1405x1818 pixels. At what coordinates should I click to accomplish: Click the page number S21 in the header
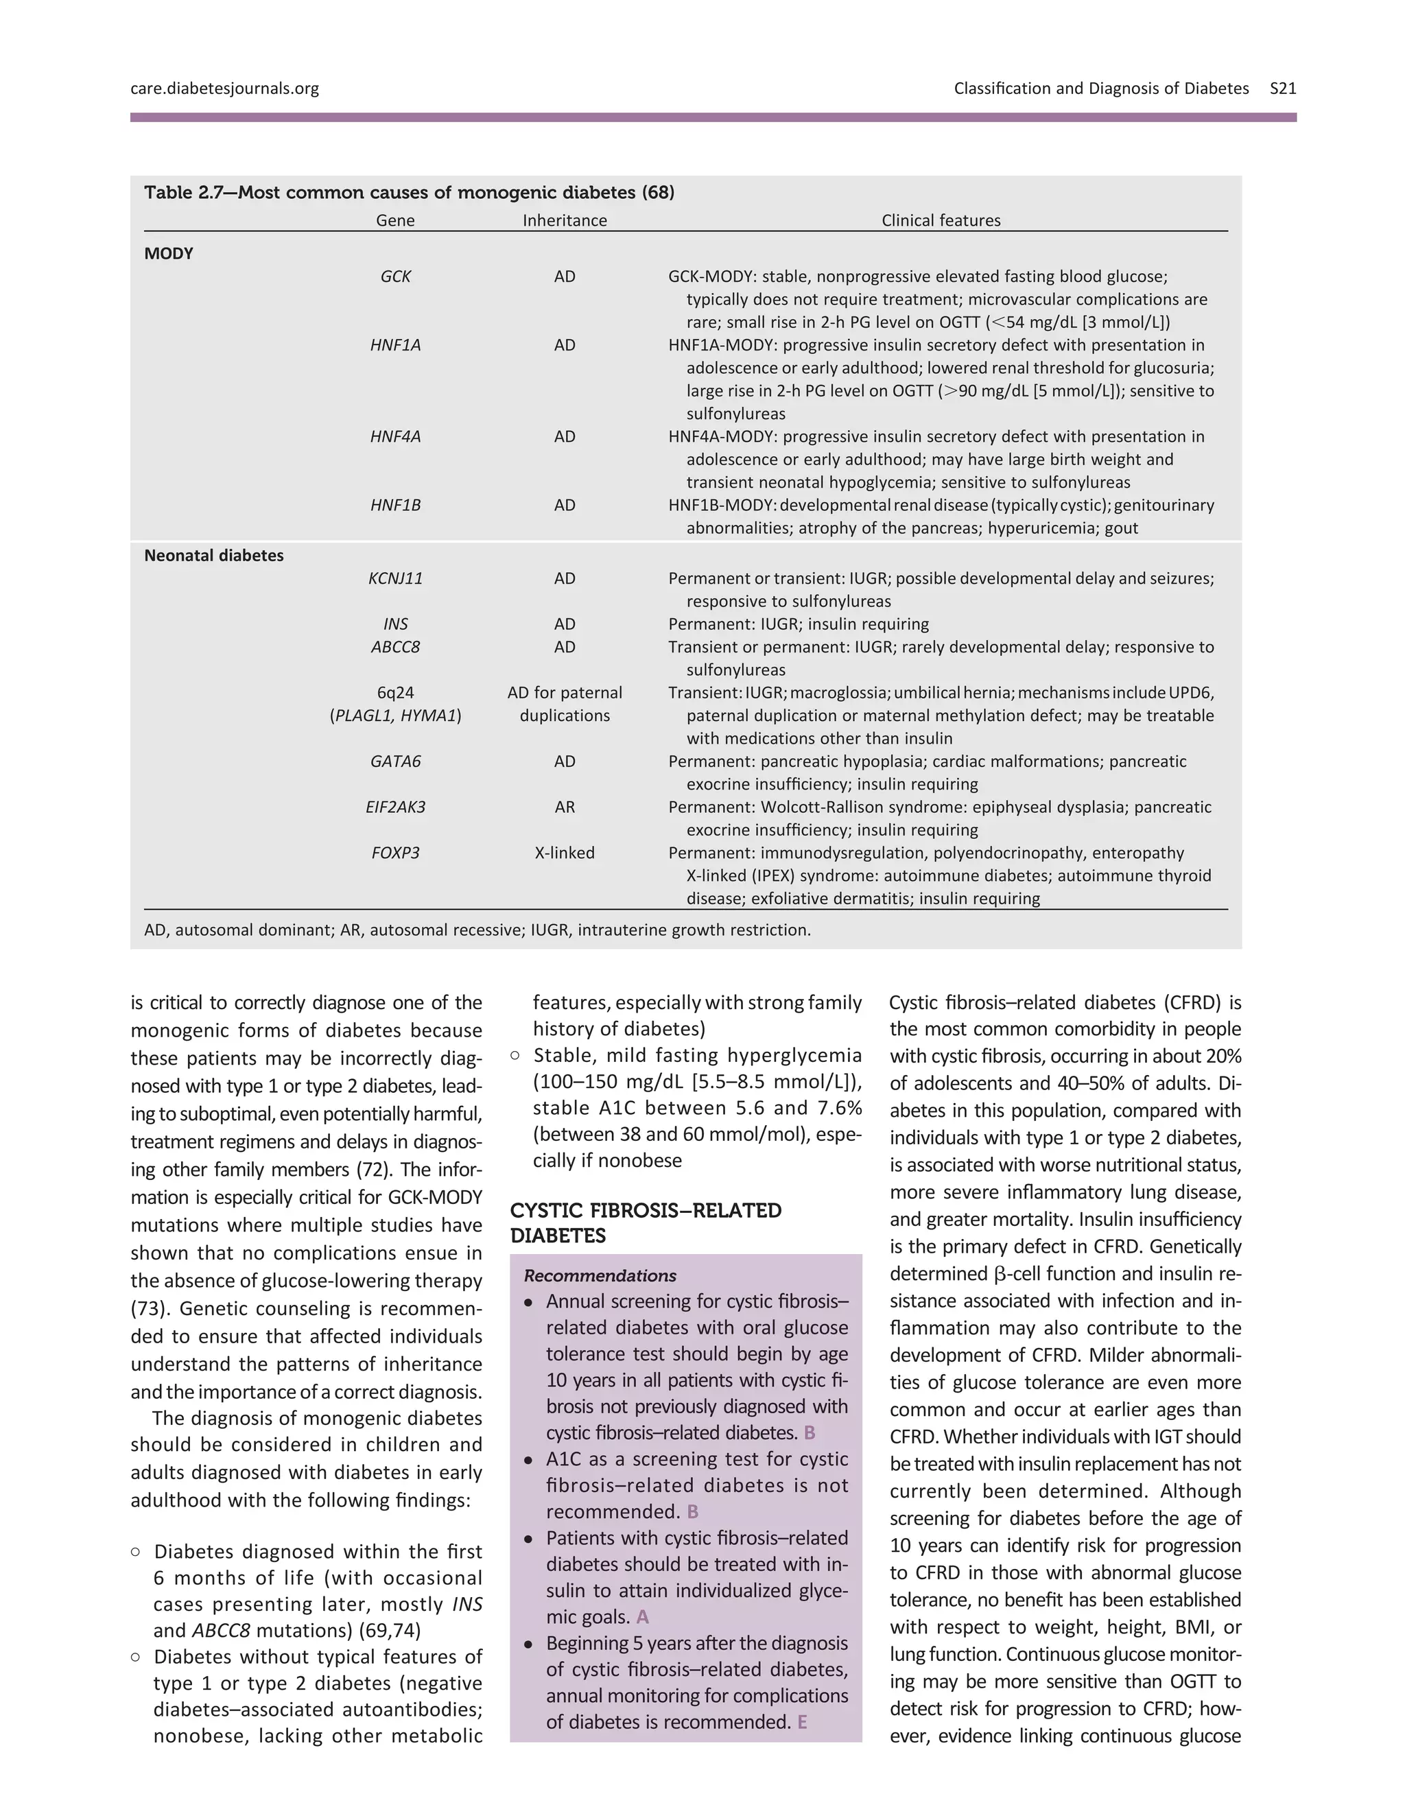[1283, 88]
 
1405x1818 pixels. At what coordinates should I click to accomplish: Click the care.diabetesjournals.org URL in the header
[225, 88]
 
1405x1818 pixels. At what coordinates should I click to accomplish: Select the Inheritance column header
[565, 221]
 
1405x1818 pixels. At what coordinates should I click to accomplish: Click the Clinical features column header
[941, 221]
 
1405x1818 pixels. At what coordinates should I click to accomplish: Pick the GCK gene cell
[395, 276]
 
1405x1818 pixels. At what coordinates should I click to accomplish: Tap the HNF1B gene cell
[395, 506]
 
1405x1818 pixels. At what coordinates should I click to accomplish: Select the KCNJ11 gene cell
[395, 578]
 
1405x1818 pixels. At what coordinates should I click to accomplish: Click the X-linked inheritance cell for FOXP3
[565, 853]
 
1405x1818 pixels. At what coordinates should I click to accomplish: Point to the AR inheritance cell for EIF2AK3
[565, 807]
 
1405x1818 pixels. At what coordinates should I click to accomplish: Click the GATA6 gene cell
[395, 762]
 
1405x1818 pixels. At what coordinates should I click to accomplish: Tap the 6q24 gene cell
[395, 693]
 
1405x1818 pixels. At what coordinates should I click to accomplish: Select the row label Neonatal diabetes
[214, 555]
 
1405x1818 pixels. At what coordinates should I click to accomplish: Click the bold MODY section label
[168, 254]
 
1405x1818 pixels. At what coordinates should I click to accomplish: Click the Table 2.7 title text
[409, 193]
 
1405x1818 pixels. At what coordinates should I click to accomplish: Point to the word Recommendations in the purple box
[600, 1276]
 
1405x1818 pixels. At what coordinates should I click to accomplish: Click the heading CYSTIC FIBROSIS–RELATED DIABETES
[645, 1223]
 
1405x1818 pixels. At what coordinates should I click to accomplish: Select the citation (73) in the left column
[149, 1308]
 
